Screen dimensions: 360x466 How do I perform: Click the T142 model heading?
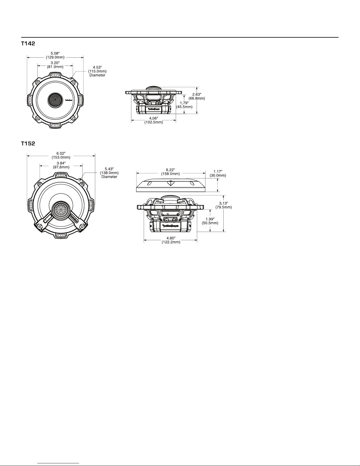click(x=28, y=44)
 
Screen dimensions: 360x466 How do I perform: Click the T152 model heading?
click(x=28, y=143)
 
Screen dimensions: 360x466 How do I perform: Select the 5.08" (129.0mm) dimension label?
click(x=55, y=55)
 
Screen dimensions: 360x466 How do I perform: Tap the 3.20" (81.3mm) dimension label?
click(x=55, y=65)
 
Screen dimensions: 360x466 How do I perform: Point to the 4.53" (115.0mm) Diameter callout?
click(x=97, y=71)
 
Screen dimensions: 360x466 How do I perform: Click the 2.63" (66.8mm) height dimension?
click(x=197, y=96)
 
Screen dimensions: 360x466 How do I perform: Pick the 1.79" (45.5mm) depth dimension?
click(x=184, y=105)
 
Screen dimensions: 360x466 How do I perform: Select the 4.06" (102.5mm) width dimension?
click(x=154, y=120)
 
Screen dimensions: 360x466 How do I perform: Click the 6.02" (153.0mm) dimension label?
click(x=61, y=155)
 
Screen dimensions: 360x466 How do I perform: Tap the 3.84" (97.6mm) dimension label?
click(x=61, y=165)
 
